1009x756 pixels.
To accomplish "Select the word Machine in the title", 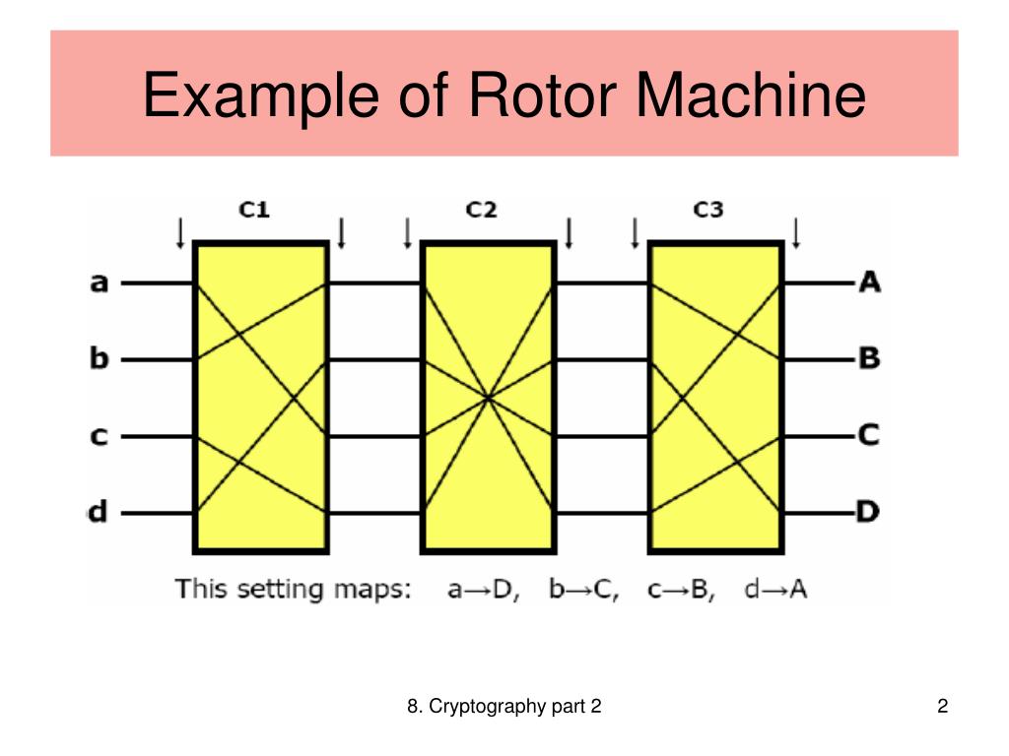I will [751, 96].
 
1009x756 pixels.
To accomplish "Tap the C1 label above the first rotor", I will [255, 210].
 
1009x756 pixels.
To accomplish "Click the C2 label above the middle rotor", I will [482, 210].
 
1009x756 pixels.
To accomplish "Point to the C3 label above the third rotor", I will [707, 210].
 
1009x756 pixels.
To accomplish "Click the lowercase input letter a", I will [99, 283].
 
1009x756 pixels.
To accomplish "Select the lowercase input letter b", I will [99, 358].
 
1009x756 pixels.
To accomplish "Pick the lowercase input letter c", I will [99, 435].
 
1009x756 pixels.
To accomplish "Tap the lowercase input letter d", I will [99, 512].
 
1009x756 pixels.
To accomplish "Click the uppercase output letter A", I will [869, 283].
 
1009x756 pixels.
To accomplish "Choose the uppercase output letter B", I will [869, 358].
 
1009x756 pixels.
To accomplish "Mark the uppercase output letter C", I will [869, 435].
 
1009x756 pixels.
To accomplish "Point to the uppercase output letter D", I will [869, 512].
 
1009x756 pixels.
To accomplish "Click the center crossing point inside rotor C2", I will [488, 398].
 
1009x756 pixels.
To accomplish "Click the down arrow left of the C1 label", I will [179, 233].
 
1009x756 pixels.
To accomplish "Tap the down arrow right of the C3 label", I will [796, 233].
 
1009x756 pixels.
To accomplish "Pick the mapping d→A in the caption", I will [776, 590].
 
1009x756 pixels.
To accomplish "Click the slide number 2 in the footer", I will [942, 707].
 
